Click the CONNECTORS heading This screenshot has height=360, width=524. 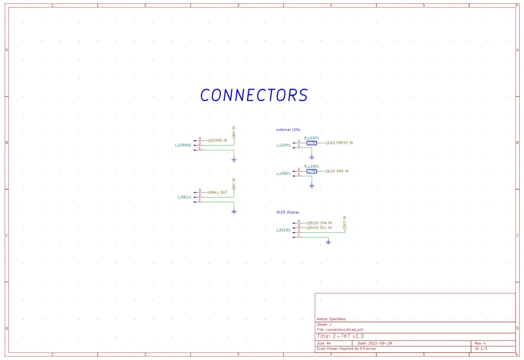pyautogui.click(x=254, y=95)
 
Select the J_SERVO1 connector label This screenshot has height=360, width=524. pyautogui.click(x=183, y=145)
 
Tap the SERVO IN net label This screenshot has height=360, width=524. pyautogui.click(x=218, y=140)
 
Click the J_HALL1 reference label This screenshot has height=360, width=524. pyautogui.click(x=184, y=197)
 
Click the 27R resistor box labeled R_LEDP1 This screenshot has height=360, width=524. pyautogui.click(x=311, y=143)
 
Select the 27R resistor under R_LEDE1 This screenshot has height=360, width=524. pyautogui.click(x=311, y=171)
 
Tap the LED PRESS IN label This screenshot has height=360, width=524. pyautogui.click(x=341, y=143)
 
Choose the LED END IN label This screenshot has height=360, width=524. pyautogui.click(x=338, y=171)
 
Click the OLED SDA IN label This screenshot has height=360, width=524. pyautogui.click(x=320, y=223)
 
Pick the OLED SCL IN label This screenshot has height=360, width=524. pyautogui.click(x=320, y=228)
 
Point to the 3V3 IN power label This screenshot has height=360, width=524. pyautogui.click(x=344, y=223)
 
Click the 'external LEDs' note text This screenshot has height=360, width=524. pyautogui.click(x=288, y=130)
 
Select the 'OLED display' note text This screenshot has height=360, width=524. pyautogui.click(x=288, y=212)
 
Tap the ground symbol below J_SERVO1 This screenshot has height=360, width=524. pyautogui.click(x=234, y=160)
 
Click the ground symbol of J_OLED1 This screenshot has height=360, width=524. pyautogui.click(x=328, y=242)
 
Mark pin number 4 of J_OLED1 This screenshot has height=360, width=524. pyautogui.click(x=299, y=221)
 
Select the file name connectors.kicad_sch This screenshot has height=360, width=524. pyautogui.click(x=344, y=329)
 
